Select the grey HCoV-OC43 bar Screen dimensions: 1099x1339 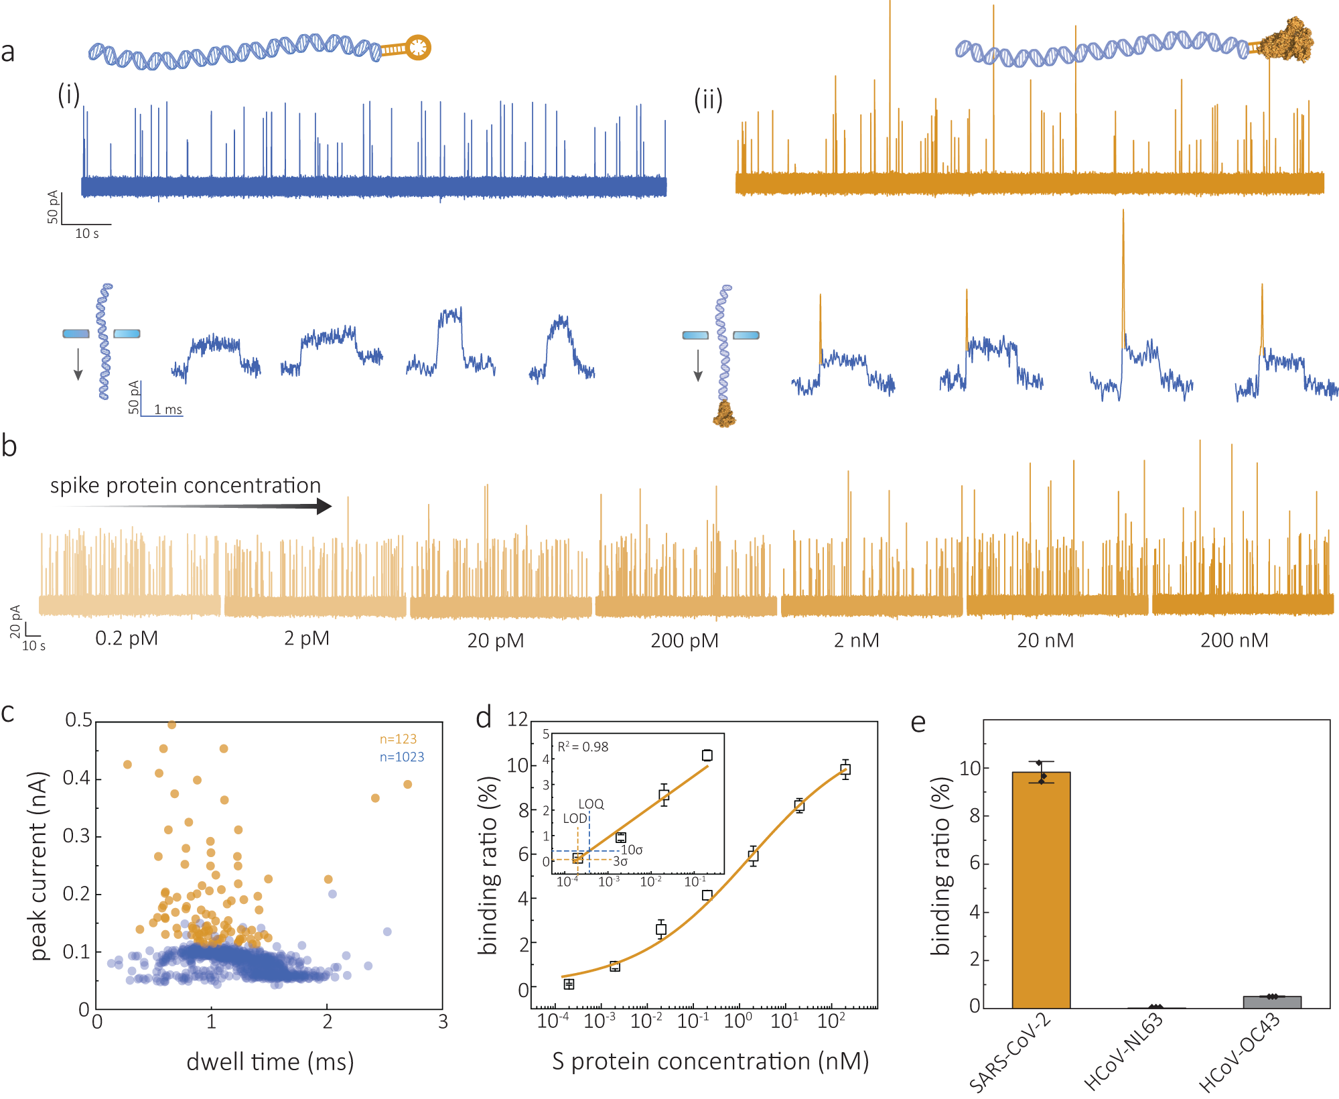pos(1271,1002)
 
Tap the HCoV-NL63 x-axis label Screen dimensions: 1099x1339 pos(1123,1051)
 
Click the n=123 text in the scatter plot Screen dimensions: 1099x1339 pos(398,739)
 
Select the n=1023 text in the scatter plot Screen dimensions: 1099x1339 pos(402,757)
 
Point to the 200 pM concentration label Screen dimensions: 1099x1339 pos(684,641)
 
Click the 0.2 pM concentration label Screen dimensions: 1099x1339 pos(127,639)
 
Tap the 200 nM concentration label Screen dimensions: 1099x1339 pos(1234,641)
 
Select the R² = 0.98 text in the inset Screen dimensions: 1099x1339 pos(583,747)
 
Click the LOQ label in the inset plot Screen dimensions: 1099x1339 pos(591,803)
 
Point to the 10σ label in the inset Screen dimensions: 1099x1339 pos(632,850)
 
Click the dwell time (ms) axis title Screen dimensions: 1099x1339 pos(270,1062)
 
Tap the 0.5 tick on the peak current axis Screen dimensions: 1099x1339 pos(78,720)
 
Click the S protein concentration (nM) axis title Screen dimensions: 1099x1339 pos(710,1061)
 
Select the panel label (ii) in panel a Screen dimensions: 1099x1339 pos(708,100)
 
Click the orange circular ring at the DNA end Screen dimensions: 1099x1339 pos(419,47)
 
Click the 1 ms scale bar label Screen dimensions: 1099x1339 pos(167,409)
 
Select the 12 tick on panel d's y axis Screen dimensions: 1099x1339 pos(517,720)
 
